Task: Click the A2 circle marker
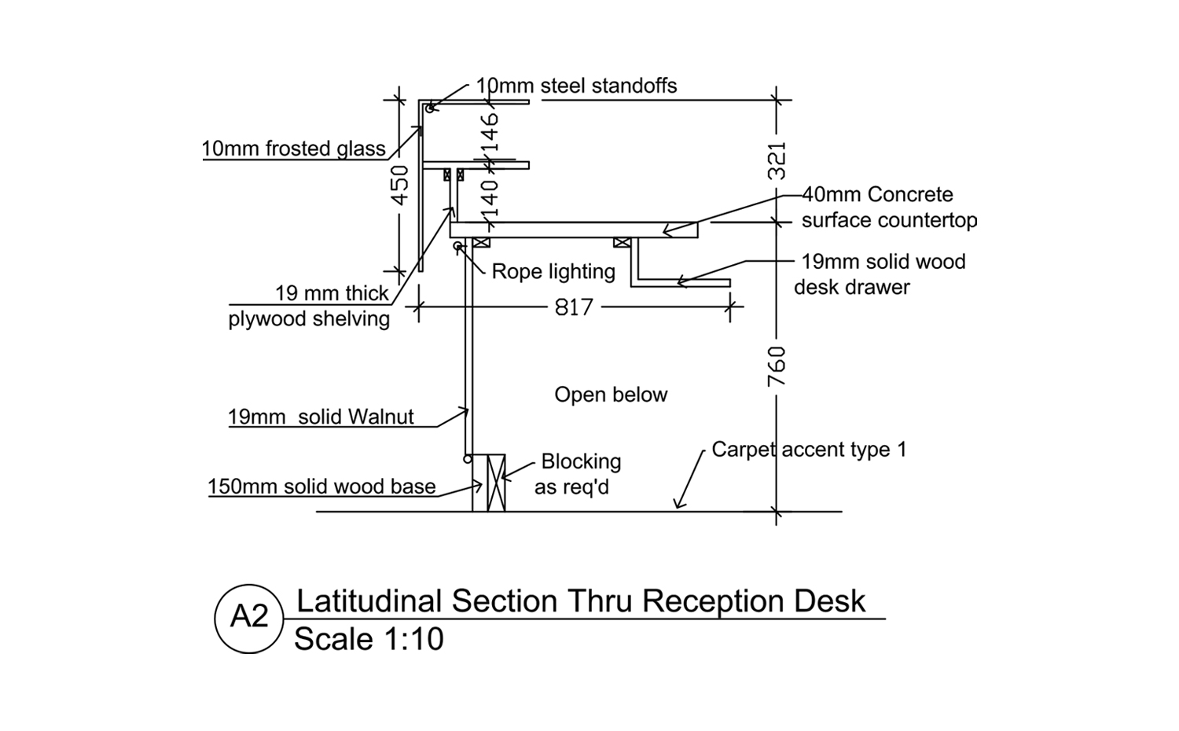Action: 248,619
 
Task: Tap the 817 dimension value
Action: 574,307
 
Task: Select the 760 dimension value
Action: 777,365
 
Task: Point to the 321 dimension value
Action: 777,160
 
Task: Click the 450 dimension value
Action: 400,185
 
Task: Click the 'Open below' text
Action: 611,395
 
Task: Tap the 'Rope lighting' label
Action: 553,272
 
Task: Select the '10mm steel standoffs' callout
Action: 576,86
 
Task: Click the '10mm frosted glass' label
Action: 293,149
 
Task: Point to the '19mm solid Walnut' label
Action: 321,417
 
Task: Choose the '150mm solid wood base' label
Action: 321,487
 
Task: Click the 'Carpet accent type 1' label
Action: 809,450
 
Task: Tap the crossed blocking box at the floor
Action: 496,483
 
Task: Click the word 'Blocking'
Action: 581,461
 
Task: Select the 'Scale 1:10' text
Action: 369,639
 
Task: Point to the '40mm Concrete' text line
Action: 877,194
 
